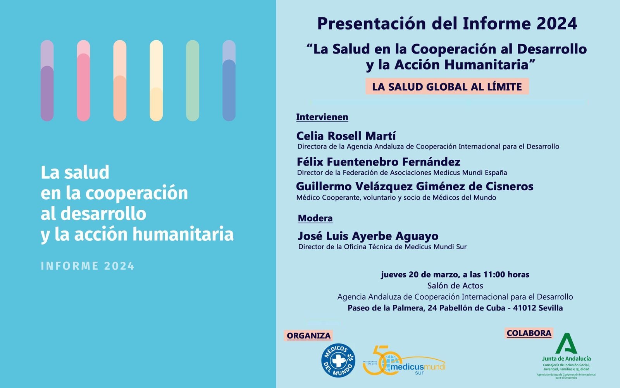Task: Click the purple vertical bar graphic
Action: coord(47,81)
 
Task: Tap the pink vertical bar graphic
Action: coord(83,81)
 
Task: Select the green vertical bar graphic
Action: coord(193,81)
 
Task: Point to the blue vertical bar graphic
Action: coord(229,81)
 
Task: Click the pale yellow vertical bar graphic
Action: coord(156,81)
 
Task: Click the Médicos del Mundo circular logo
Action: coord(338,360)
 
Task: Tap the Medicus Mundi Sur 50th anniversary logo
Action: coord(404,360)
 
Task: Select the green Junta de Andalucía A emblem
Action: coord(566,343)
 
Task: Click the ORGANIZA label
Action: coord(308,336)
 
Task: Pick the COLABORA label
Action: coord(529,333)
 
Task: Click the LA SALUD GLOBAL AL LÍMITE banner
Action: coord(447,86)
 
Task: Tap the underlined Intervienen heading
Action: coord(322,117)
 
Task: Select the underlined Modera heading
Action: coord(315,218)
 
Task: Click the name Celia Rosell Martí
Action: coord(346,136)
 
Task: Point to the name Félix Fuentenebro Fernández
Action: coord(378,162)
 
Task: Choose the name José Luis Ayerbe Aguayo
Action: coord(368,236)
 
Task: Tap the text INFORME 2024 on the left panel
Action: coord(88,266)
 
